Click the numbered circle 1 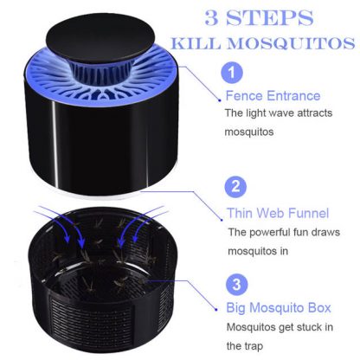[x=232, y=73]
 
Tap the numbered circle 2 [x=235, y=186]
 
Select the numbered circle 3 [x=236, y=284]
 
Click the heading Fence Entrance [x=273, y=96]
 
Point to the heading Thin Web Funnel [x=278, y=213]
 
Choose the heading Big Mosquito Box [x=279, y=308]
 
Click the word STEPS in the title [x=269, y=17]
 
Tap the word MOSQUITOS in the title [x=291, y=43]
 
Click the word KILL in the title [x=196, y=43]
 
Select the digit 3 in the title [x=211, y=17]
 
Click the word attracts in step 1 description [x=315, y=113]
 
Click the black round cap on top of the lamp [x=100, y=42]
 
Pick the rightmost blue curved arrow [x=149, y=223]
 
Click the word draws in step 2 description [x=325, y=232]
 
